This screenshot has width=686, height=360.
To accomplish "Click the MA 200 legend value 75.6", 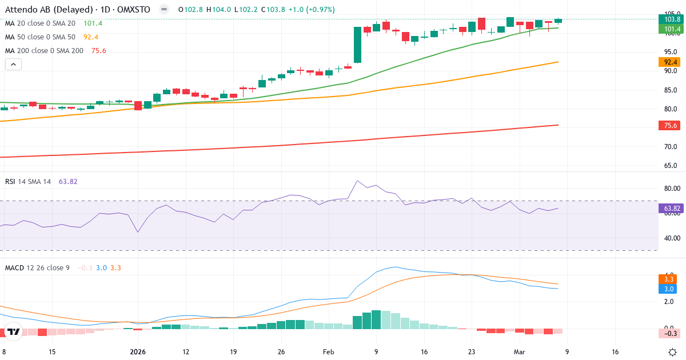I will coord(98,50).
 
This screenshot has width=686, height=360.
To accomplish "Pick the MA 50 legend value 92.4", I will coord(91,37).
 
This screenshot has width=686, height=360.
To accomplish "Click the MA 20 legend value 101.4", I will coord(93,23).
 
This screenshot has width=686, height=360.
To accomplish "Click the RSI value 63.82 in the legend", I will coord(67,181).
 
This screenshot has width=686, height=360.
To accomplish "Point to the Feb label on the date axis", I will coord(328,352).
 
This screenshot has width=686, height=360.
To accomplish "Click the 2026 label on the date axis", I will coord(138,352).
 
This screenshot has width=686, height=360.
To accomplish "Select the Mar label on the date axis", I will coord(518,352).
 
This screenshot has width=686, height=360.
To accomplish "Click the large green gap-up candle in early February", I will coord(357,45).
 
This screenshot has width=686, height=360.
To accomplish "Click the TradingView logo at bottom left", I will coord(14,331).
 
